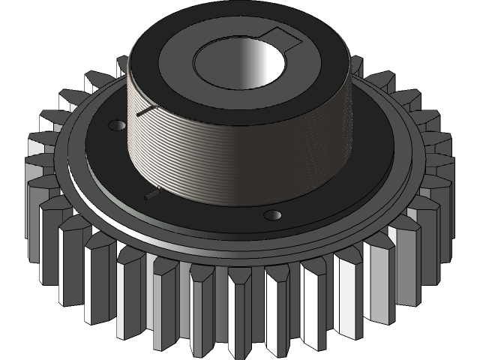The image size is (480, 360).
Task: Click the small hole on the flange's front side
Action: pyautogui.click(x=272, y=215)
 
